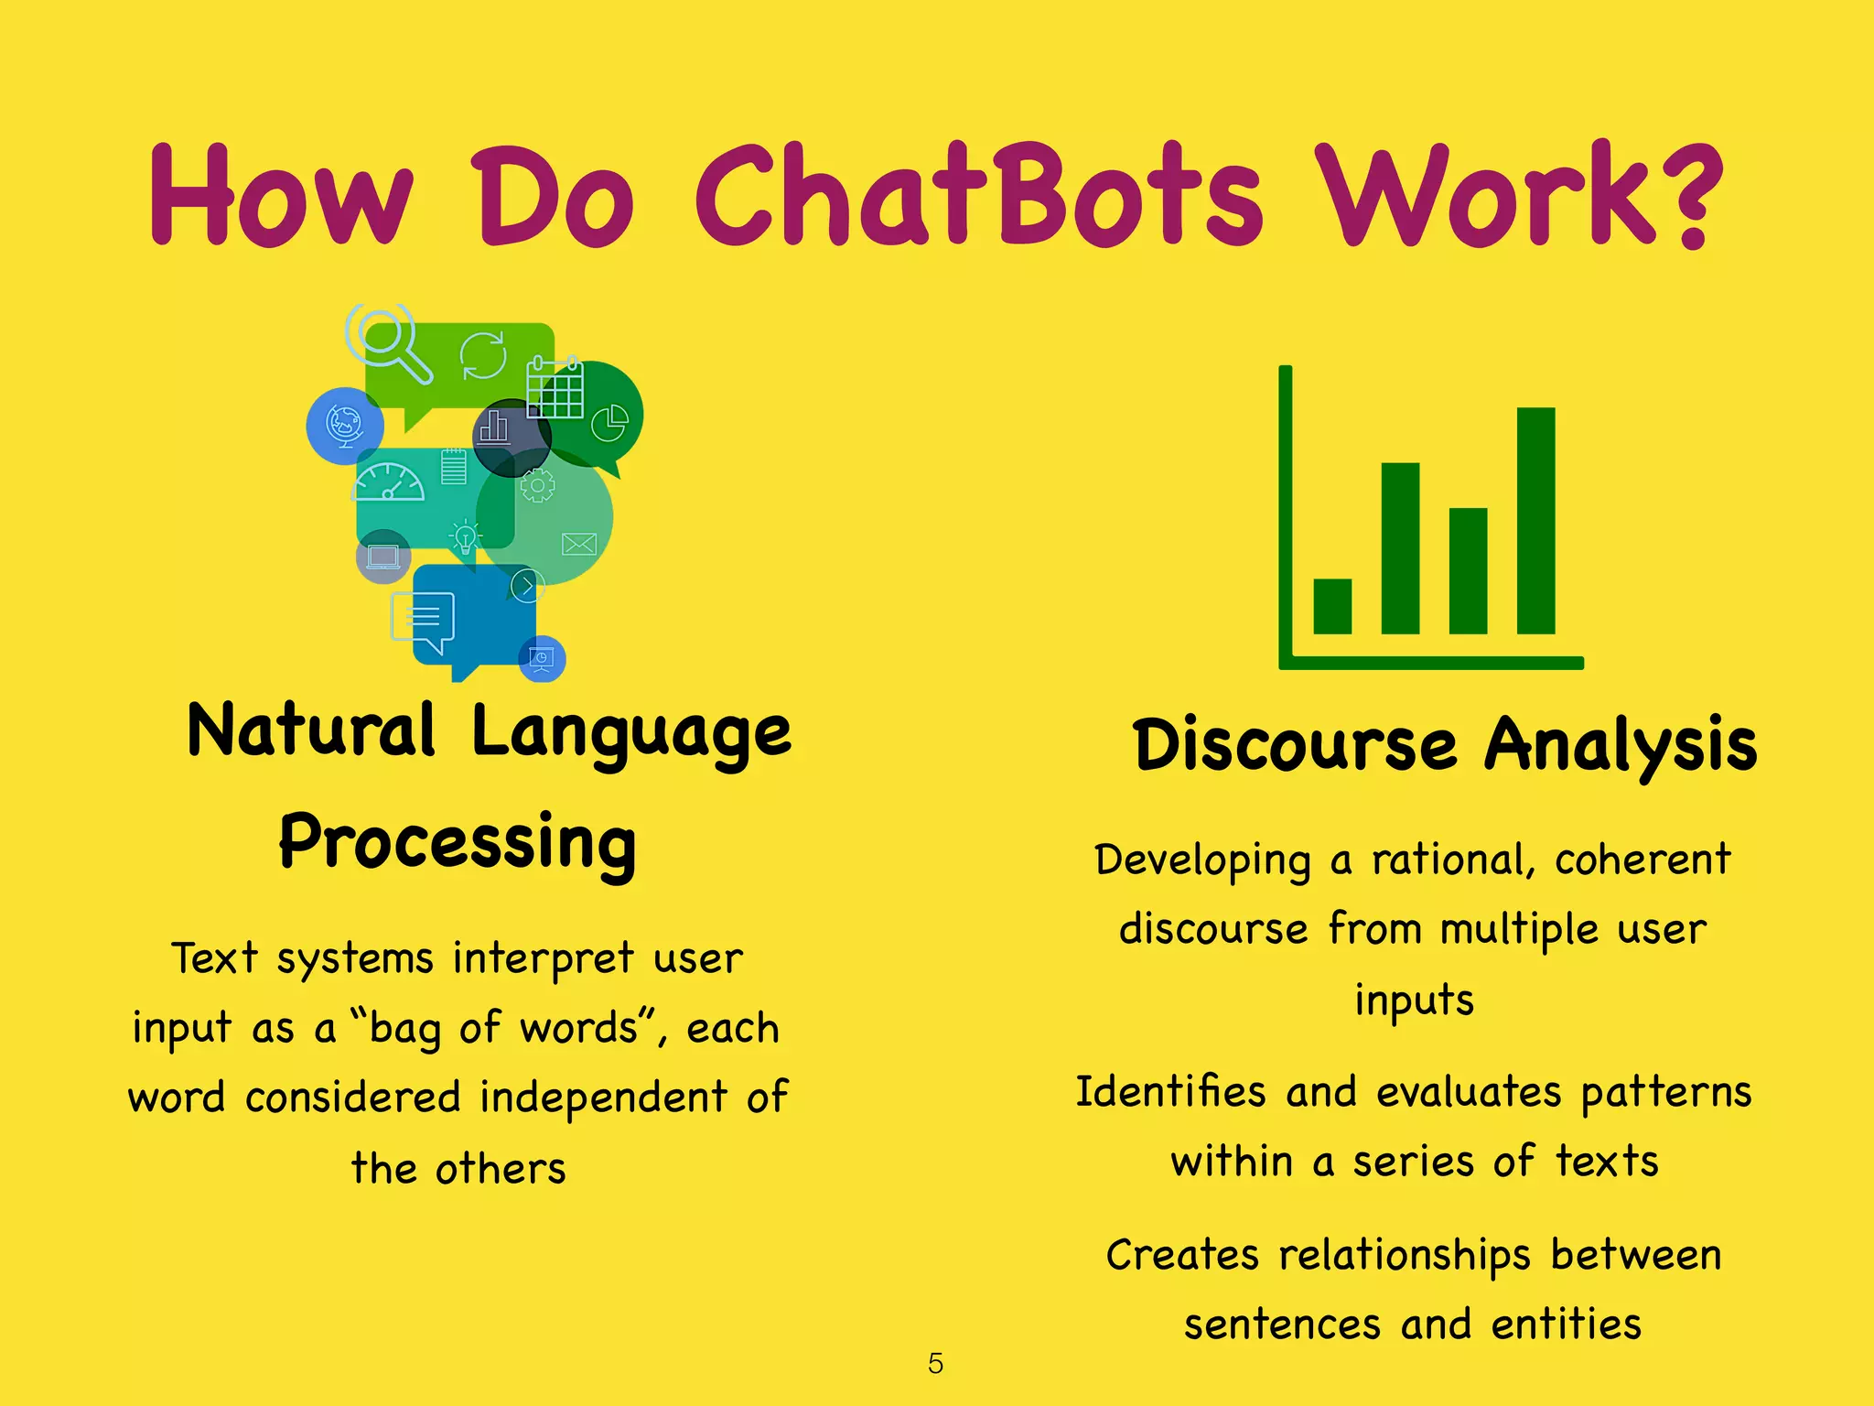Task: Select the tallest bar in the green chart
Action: pyautogui.click(x=1535, y=520)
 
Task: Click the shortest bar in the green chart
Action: pyautogui.click(x=1332, y=605)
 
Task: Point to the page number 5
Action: pyautogui.click(x=935, y=1363)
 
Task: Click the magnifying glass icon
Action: pyautogui.click(x=387, y=341)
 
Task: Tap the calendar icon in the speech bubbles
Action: pyautogui.click(x=555, y=388)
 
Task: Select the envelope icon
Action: pyautogui.click(x=578, y=545)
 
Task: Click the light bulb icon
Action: pyautogui.click(x=466, y=536)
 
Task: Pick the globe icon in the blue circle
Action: pyautogui.click(x=345, y=425)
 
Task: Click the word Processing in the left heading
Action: pyautogui.click(x=458, y=842)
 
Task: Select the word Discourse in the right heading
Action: pyautogui.click(x=1295, y=744)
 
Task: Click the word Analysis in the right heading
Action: pyautogui.click(x=1620, y=744)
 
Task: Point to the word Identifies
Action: pyautogui.click(x=1169, y=1092)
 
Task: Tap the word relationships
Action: pyautogui.click(x=1404, y=1255)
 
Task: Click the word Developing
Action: pyautogui.click(x=1202, y=861)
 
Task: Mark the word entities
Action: pyautogui.click(x=1566, y=1325)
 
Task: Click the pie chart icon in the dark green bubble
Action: pyautogui.click(x=609, y=422)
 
